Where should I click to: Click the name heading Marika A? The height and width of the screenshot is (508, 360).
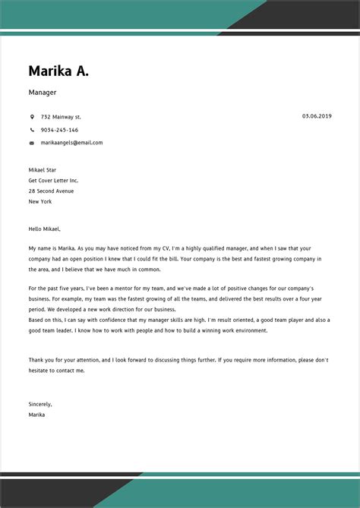[58, 71]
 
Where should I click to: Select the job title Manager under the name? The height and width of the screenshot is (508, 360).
[43, 93]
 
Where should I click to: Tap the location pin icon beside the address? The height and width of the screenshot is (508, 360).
[32, 117]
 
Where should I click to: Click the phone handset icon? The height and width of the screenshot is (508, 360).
[32, 130]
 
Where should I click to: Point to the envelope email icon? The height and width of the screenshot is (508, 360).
[32, 143]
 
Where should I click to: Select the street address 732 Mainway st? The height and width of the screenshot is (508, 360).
[61, 117]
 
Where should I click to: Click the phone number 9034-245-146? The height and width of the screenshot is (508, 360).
[59, 130]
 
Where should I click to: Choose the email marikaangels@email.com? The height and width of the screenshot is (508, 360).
[71, 143]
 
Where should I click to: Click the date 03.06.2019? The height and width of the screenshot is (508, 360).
[317, 116]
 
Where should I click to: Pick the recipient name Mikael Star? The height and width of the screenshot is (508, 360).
[43, 170]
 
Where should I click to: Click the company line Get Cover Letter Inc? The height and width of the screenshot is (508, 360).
[53, 181]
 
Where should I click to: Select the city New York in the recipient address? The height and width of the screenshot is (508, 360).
[40, 202]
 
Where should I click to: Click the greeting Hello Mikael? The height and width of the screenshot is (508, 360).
[44, 229]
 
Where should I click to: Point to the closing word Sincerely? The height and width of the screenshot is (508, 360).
[40, 404]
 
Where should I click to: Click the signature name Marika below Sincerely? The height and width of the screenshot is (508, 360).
[36, 415]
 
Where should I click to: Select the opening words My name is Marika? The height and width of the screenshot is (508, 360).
[52, 248]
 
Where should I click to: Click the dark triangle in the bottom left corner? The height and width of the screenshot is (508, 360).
[46, 494]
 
